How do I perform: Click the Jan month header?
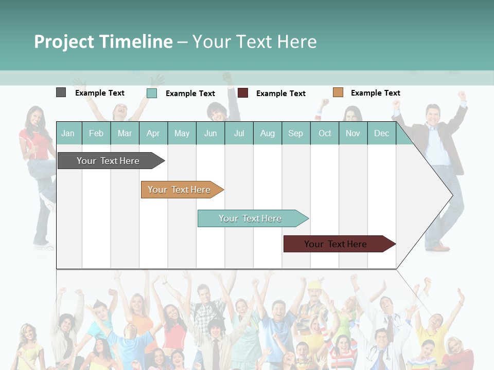click(68, 133)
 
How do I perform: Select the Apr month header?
click(153, 133)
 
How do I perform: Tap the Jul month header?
click(239, 133)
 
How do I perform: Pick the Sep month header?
click(295, 133)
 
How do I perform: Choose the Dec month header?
click(381, 133)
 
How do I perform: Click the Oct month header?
click(325, 133)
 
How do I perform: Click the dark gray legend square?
click(61, 92)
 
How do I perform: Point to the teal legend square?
click(151, 93)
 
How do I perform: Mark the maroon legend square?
click(243, 93)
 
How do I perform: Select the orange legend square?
click(338, 92)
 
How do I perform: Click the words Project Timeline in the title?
click(103, 42)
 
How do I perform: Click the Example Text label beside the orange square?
click(375, 93)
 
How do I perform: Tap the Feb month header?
click(96, 133)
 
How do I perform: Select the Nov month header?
click(353, 133)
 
